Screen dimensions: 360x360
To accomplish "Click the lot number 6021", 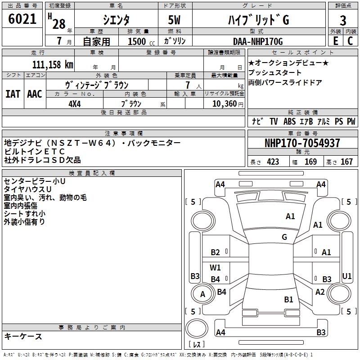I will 22,19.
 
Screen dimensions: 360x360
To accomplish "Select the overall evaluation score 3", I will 343,20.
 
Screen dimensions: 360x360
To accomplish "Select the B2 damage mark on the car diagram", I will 216,252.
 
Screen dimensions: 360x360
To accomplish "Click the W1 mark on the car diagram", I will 216,268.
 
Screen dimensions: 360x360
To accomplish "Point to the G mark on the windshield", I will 284,237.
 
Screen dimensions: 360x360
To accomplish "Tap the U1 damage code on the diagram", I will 347,276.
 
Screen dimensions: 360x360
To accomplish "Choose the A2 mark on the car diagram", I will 320,292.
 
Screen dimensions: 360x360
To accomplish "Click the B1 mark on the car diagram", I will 288,299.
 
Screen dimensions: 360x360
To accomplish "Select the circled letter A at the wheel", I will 202,294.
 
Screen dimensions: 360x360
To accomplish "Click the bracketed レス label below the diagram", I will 196,345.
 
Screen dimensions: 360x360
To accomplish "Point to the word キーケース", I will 23,336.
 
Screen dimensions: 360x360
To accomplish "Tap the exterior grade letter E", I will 335,41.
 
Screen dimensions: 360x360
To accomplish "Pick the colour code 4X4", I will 75,103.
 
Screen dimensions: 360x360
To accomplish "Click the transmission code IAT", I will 13,94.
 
